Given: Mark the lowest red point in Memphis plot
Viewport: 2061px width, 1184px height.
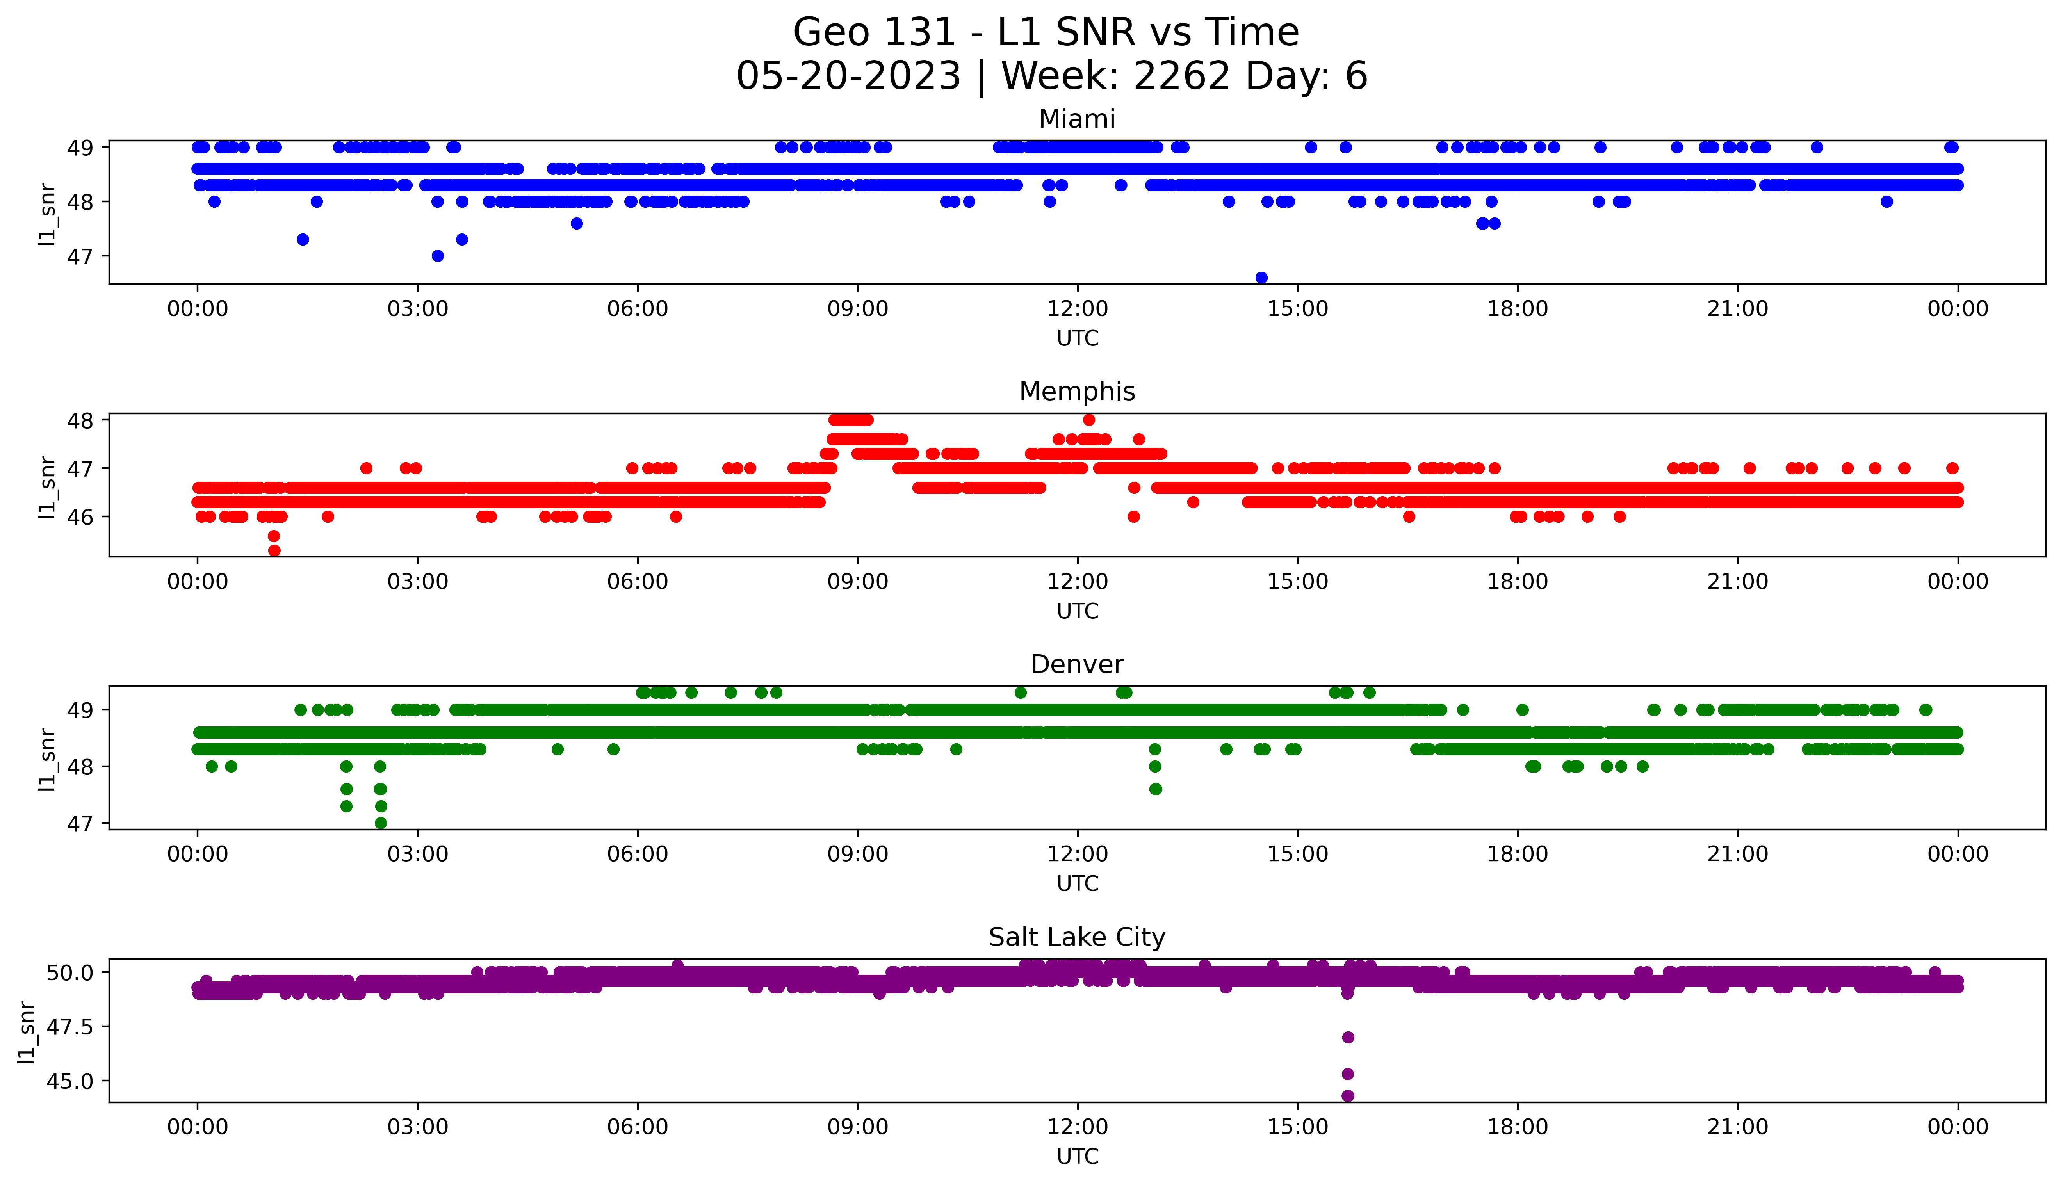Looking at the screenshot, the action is pyautogui.click(x=274, y=550).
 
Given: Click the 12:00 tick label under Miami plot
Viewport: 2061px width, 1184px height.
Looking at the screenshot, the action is pyautogui.click(x=1077, y=309).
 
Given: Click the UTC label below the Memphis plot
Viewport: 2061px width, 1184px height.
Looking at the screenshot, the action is pyautogui.click(x=1077, y=611).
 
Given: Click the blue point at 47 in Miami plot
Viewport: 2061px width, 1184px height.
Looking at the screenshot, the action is pyautogui.click(x=437, y=256).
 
